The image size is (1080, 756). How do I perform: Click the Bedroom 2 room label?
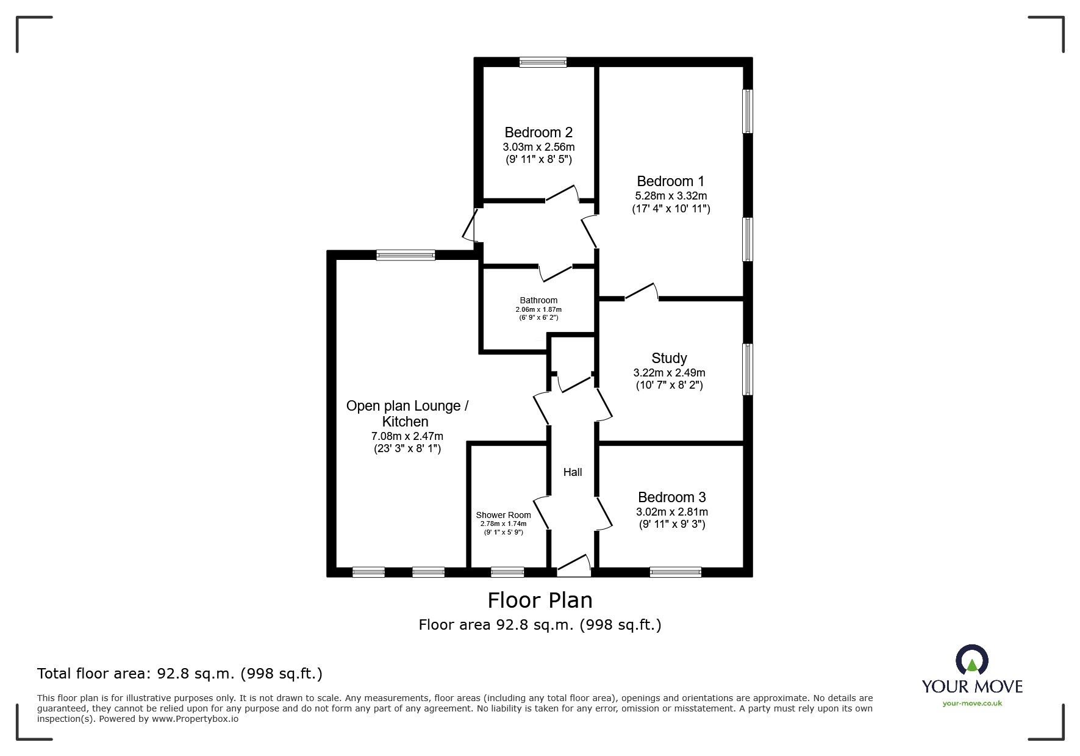click(538, 132)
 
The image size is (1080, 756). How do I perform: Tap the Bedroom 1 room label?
click(671, 181)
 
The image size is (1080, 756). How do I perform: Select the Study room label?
click(669, 358)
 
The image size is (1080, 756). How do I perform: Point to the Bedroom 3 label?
click(672, 497)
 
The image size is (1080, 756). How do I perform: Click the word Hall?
click(573, 472)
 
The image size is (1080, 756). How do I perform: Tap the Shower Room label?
click(504, 515)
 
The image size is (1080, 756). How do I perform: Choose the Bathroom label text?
click(538, 300)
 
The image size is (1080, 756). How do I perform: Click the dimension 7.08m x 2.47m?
click(407, 436)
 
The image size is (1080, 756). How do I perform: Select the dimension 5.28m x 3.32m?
click(671, 196)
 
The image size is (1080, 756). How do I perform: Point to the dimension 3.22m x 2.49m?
click(669, 373)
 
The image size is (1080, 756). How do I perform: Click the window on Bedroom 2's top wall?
click(543, 62)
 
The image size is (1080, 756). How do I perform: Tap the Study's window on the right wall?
click(747, 369)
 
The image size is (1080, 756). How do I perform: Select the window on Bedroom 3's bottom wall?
click(676, 572)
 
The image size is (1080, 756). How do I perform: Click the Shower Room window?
click(507, 572)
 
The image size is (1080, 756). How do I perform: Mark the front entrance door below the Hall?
click(574, 566)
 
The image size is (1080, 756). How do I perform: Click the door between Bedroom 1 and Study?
click(641, 292)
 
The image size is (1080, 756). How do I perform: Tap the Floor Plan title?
click(540, 600)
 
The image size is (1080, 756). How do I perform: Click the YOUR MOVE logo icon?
click(972, 661)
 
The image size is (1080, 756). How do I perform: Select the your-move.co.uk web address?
click(972, 704)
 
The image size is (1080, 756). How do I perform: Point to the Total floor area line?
click(180, 674)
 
